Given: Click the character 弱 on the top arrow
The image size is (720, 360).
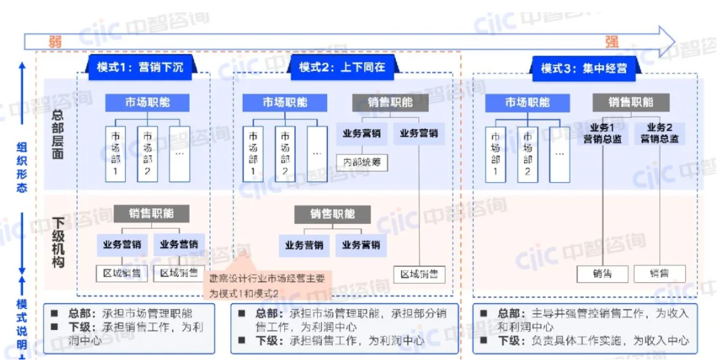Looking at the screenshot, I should (x=55, y=42).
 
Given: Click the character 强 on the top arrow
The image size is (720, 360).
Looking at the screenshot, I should (x=612, y=42).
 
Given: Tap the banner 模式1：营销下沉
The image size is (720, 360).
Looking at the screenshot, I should (x=140, y=67).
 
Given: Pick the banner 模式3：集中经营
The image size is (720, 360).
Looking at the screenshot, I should (x=583, y=68).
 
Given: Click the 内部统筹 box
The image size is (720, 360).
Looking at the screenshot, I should (x=362, y=162).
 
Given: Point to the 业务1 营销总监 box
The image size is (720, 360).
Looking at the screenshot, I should (x=603, y=133).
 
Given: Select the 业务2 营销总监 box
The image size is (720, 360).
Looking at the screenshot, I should (x=659, y=133).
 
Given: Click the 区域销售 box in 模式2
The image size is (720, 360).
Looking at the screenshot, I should (x=419, y=274).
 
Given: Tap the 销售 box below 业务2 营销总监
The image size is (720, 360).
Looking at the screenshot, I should (x=659, y=273).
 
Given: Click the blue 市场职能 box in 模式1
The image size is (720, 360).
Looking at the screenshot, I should (x=147, y=103).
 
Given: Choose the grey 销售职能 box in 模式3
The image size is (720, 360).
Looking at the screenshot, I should (x=631, y=102).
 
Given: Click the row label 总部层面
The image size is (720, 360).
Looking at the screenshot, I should (x=58, y=134).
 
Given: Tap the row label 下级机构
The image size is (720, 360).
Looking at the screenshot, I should (x=58, y=242).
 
